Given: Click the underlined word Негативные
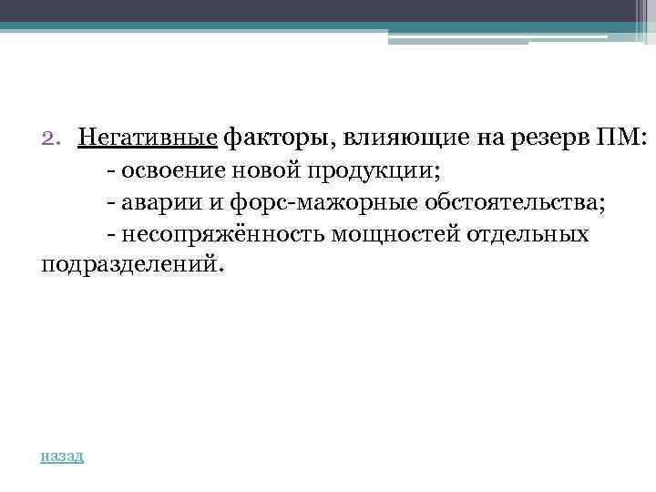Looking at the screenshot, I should tap(148, 138).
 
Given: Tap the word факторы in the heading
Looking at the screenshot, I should tap(278, 138).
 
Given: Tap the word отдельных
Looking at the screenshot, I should tap(528, 235).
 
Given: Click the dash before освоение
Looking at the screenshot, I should tap(110, 171).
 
